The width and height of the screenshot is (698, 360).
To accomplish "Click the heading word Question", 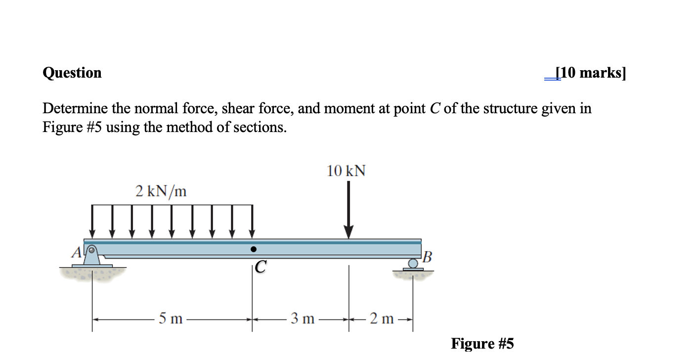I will pos(72,73).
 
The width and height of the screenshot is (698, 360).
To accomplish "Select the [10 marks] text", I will pos(590,73).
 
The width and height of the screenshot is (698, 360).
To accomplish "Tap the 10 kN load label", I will pos(346,171).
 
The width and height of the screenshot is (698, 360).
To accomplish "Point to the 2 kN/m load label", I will pos(161,191).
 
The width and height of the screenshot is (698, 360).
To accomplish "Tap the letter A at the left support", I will pos(77,253).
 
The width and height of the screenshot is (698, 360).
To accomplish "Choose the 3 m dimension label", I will pos(303,319).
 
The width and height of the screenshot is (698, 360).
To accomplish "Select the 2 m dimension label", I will pos(382,319).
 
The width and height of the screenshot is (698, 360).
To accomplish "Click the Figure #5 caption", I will pos(482,344).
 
